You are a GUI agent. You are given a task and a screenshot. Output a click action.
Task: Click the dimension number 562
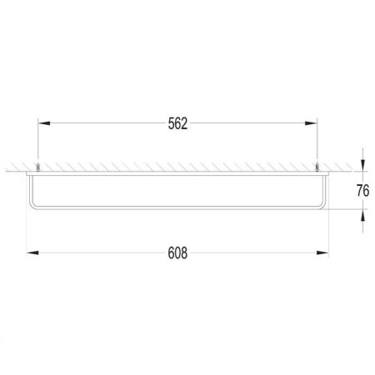click(177, 124)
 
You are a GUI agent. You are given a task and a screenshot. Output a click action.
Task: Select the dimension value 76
click(362, 190)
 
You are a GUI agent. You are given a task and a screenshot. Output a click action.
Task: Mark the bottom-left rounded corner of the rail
click(31, 207)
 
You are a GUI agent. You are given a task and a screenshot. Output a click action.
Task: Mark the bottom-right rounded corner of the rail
click(324, 207)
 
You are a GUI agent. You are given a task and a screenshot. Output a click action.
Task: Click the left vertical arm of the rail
click(29, 192)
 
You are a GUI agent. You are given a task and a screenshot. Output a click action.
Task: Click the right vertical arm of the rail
click(326, 192)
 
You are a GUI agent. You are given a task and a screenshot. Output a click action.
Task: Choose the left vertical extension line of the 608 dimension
click(28, 233)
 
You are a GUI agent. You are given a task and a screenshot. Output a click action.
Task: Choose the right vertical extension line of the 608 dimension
click(327, 233)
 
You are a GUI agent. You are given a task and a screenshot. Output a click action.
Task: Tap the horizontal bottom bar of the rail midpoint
click(177, 209)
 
